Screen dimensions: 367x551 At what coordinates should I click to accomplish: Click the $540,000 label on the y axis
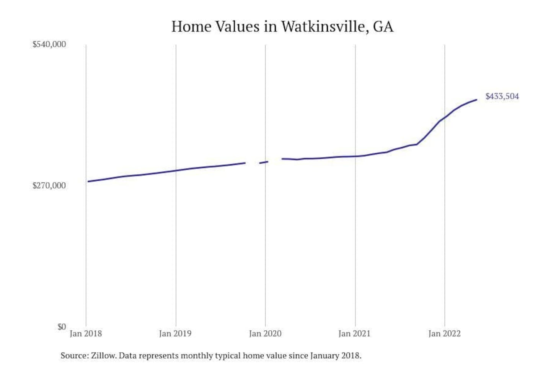coord(49,44)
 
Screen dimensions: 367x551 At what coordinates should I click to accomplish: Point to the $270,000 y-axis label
coord(49,185)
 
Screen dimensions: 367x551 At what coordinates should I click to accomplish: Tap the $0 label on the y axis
coord(61,327)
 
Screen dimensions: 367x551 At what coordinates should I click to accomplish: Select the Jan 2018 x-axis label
coord(86,333)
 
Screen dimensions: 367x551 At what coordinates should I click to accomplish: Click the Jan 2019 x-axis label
coord(175,333)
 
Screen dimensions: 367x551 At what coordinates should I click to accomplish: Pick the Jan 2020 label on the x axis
coord(265,333)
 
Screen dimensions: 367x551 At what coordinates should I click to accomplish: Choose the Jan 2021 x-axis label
coord(355,333)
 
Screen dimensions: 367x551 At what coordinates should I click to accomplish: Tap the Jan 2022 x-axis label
coord(444,333)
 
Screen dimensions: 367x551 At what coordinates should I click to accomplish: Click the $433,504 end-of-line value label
coord(502,96)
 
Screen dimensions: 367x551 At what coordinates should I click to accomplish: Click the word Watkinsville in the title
coord(323,27)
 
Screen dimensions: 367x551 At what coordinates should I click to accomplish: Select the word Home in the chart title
coord(191,27)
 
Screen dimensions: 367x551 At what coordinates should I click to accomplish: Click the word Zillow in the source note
coord(103,356)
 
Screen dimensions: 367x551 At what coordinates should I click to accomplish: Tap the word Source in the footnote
coord(74,356)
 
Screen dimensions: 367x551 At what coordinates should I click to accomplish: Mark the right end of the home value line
coord(476,100)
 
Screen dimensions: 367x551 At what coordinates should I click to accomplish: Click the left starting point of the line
coord(88,181)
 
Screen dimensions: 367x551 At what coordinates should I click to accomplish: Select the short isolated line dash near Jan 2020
coord(264,162)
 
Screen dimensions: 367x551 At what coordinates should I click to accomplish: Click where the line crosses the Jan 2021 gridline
coord(355,156)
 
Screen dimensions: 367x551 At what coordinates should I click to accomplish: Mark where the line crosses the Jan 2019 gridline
coord(176,171)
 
